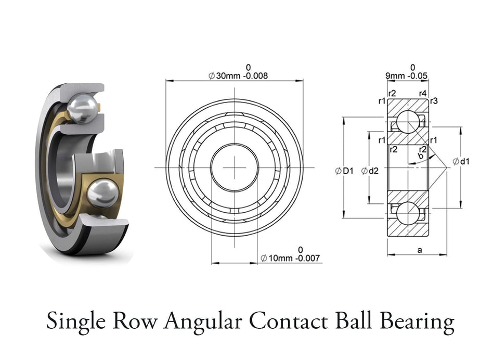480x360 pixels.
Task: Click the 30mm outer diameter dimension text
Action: pyautogui.click(x=227, y=76)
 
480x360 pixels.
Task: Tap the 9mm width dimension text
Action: pyautogui.click(x=395, y=76)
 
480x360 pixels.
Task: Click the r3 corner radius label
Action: pyautogui.click(x=434, y=101)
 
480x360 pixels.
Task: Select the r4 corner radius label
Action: pyautogui.click(x=423, y=94)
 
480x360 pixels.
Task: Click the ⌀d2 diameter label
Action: pyautogui.click(x=370, y=170)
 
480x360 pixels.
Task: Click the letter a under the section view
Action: pyautogui.click(x=420, y=250)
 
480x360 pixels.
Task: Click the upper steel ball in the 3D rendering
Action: pyautogui.click(x=83, y=109)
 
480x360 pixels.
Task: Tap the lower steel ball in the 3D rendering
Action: pyautogui.click(x=101, y=193)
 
